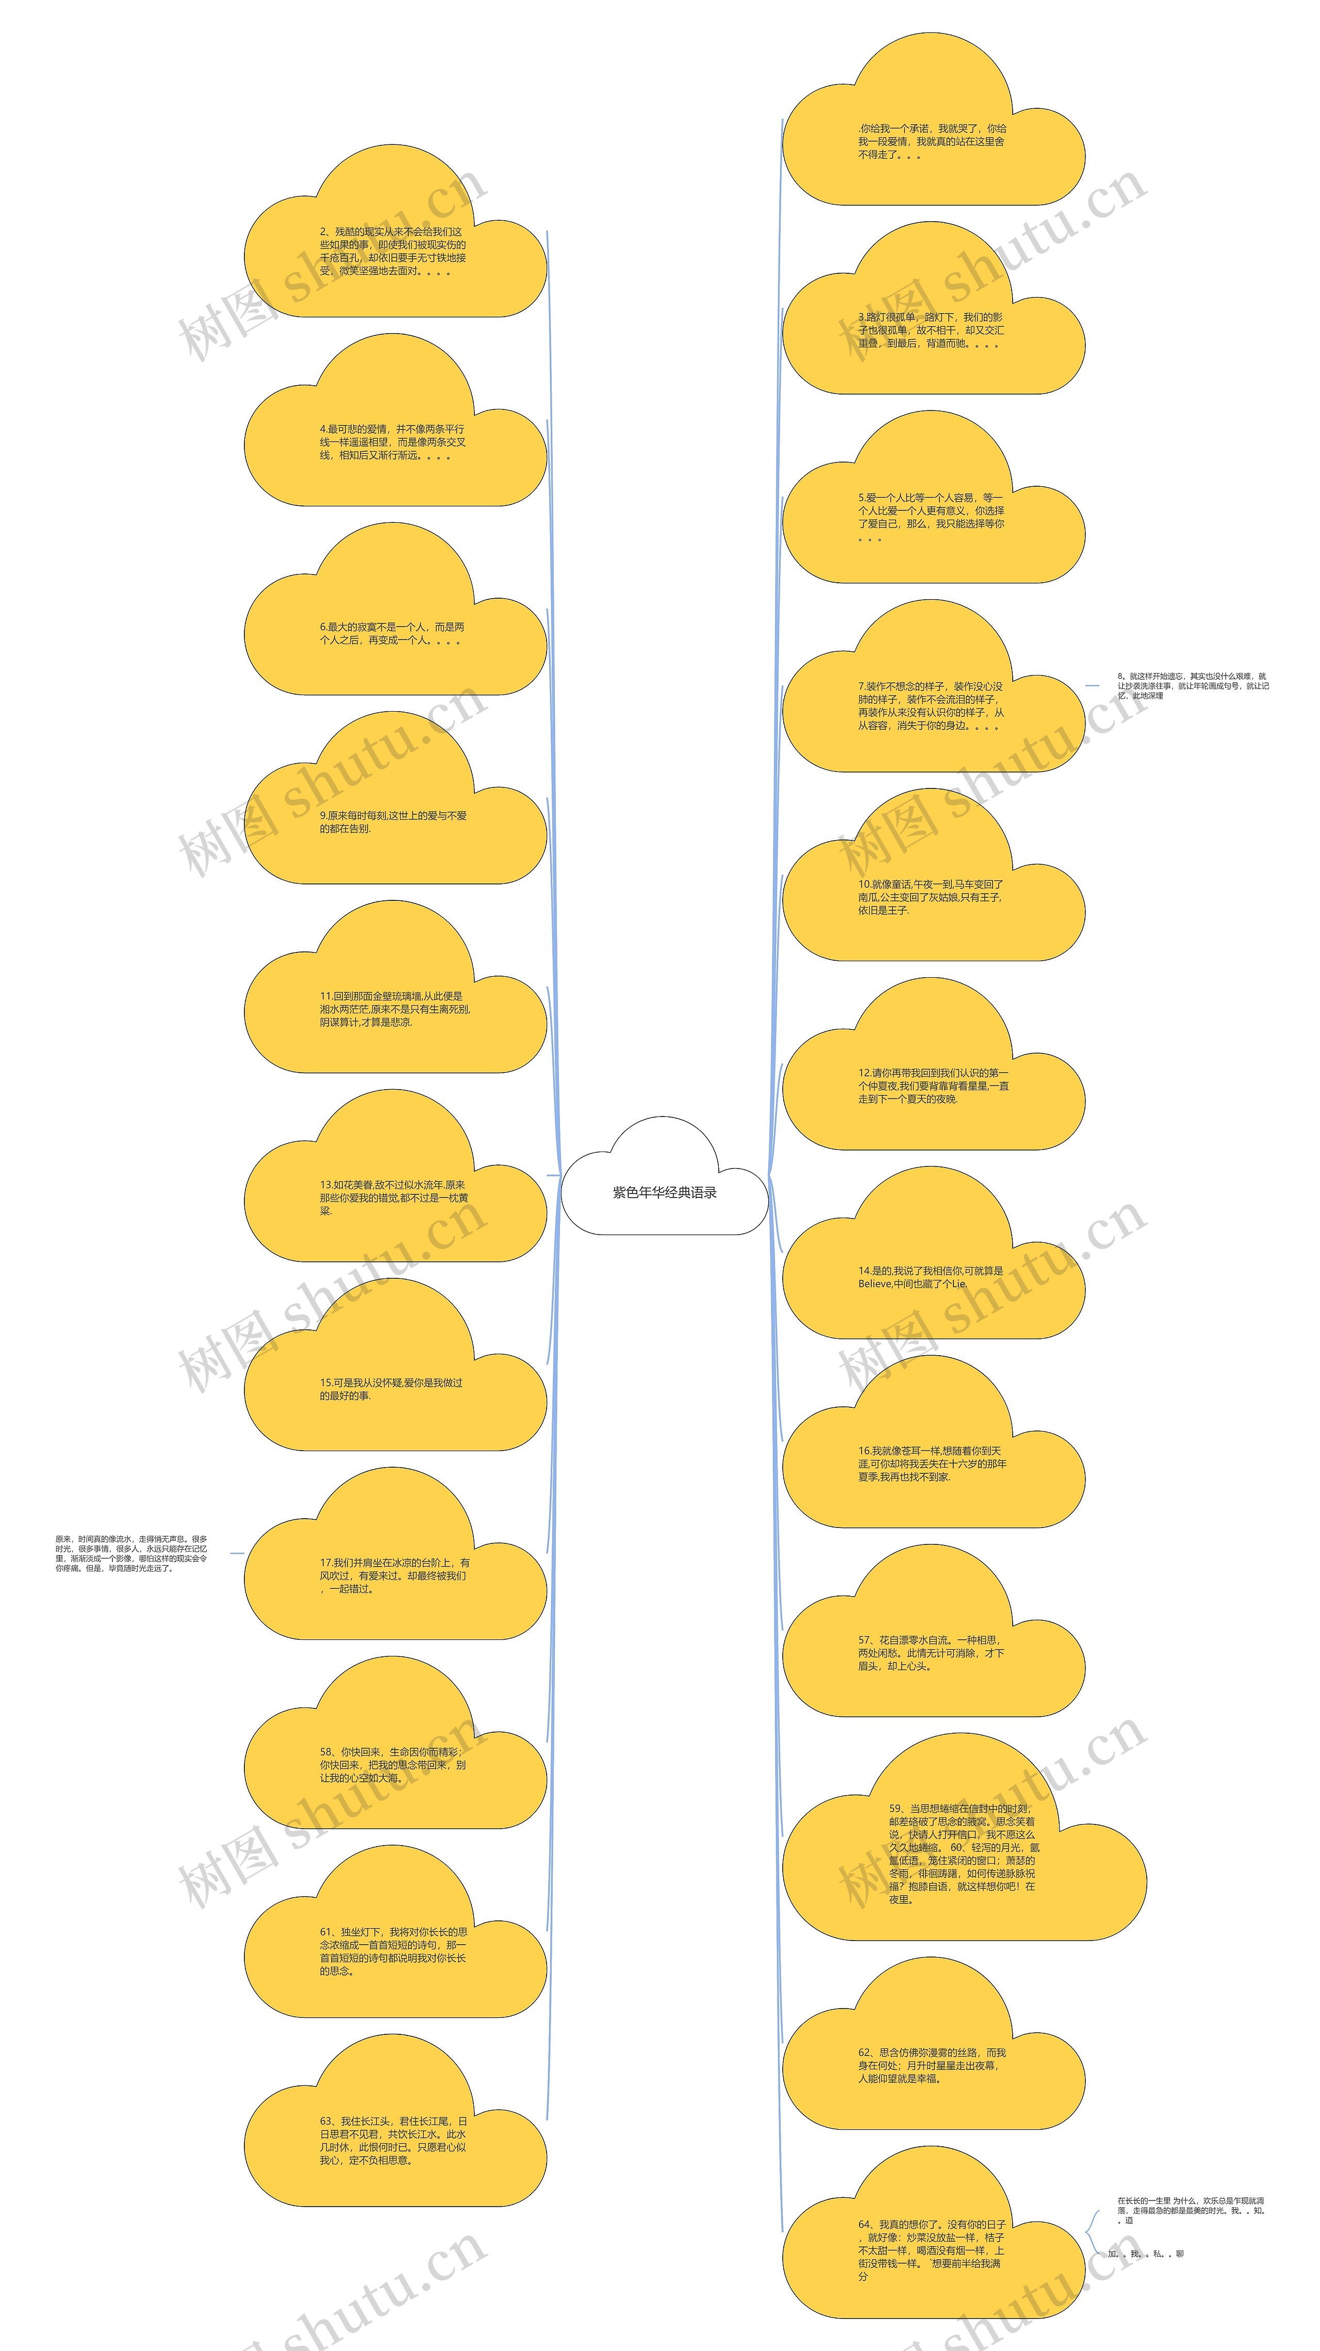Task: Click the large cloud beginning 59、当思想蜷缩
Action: point(963,1854)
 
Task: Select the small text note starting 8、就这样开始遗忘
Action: point(1192,685)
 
